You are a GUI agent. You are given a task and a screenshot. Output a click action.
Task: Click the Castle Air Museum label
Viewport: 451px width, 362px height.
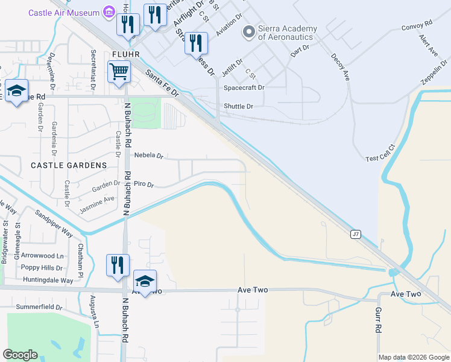[64, 11]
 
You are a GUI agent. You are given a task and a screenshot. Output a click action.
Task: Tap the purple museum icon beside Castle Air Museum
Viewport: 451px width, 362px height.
[109, 11]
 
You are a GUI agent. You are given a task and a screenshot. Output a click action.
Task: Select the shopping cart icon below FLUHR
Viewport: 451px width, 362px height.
[119, 72]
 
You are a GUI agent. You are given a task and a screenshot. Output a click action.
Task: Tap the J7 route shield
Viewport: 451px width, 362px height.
[356, 234]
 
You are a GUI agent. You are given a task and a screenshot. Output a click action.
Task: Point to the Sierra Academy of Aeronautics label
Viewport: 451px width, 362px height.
[285, 32]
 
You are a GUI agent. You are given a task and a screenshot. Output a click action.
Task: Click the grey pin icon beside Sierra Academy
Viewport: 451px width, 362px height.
[247, 31]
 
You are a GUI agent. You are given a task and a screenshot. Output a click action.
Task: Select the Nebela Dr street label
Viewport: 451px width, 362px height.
[149, 155]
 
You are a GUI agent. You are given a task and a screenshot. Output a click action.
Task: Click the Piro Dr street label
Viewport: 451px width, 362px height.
[144, 184]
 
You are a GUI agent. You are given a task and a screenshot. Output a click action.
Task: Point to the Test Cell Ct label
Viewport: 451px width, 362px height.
[380, 152]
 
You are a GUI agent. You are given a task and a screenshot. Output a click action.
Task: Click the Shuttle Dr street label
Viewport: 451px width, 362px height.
[238, 106]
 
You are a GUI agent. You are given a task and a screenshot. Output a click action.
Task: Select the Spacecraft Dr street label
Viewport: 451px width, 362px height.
[244, 87]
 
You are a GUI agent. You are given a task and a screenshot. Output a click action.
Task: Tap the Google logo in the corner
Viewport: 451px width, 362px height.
[20, 355]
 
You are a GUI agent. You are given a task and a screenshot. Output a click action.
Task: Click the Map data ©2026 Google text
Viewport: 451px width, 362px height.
[414, 357]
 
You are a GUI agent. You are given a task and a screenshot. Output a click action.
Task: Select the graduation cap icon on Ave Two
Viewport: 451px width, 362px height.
[145, 281]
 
